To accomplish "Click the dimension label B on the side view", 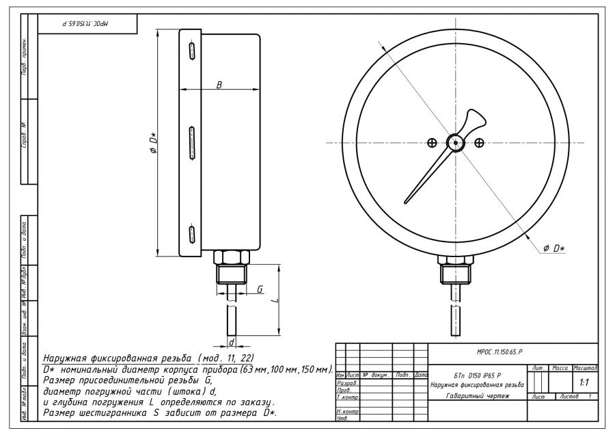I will (x=219, y=85).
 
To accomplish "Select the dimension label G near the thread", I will (x=260, y=290).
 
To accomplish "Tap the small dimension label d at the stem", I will (x=232, y=341).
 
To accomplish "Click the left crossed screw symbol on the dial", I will (x=432, y=142).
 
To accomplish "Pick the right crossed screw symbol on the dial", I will (x=480, y=142).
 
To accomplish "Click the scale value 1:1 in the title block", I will (x=584, y=383).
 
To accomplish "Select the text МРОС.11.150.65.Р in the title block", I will (x=500, y=350).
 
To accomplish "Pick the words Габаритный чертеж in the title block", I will (x=478, y=397).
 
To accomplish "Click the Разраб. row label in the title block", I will (x=347, y=384).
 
